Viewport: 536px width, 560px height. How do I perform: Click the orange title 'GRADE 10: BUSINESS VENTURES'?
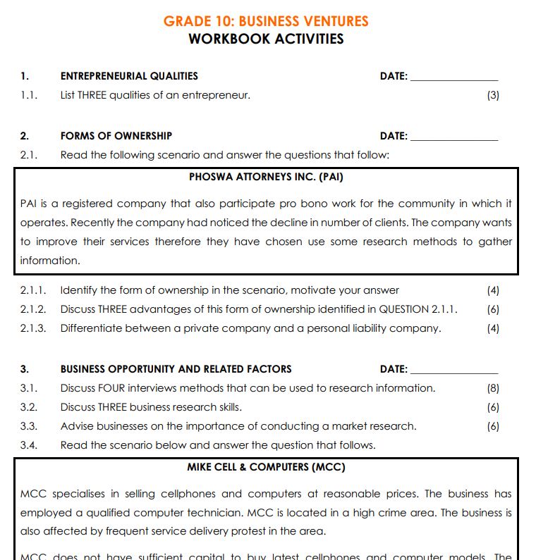[x=266, y=21]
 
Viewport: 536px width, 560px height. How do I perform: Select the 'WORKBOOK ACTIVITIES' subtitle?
[x=266, y=39]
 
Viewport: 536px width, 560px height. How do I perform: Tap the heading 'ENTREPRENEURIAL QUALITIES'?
[x=129, y=76]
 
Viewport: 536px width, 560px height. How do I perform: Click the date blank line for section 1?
[x=453, y=79]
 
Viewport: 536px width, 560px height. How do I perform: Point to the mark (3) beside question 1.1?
[x=493, y=95]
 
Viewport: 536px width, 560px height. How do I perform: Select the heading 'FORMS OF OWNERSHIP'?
[x=116, y=136]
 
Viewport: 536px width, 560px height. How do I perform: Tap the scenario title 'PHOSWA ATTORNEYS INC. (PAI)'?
[x=266, y=177]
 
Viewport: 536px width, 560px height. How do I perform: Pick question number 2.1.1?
[x=33, y=290]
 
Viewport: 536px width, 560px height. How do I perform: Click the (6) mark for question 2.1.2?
[x=493, y=309]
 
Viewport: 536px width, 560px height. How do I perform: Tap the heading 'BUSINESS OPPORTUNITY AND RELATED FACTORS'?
[x=176, y=369]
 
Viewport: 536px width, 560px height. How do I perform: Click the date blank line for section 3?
[x=453, y=372]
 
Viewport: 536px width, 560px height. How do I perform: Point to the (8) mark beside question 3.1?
[x=493, y=388]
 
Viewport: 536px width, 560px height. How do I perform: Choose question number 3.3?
[x=29, y=426]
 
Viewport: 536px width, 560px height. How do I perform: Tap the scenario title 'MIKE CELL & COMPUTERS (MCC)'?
[x=266, y=467]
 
